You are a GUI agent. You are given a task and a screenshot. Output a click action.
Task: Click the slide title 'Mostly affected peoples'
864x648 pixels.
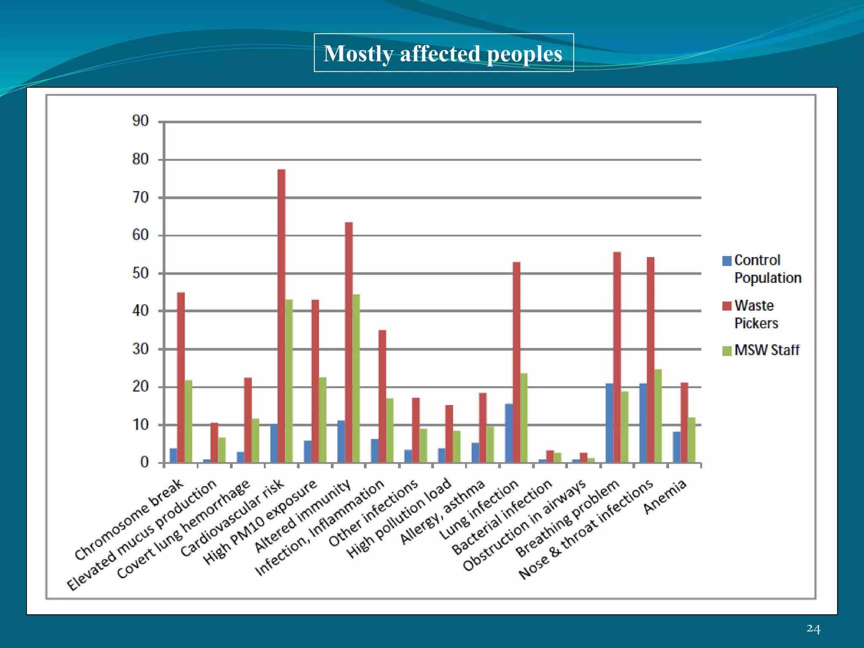click(x=443, y=53)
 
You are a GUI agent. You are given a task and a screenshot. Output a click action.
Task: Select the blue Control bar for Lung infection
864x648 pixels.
click(x=509, y=433)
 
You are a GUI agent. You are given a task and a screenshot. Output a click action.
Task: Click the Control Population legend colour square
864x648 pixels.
click(x=726, y=261)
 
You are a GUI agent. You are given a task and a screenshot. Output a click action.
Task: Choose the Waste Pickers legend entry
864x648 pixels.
click(x=755, y=314)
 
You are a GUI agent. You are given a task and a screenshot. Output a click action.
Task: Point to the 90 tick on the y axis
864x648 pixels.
click(x=140, y=121)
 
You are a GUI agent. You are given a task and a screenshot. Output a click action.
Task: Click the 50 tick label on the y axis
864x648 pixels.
click(x=140, y=273)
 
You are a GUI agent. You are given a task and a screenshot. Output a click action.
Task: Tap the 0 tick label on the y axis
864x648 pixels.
click(x=144, y=462)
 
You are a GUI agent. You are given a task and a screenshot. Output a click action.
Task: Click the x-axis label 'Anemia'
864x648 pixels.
click(x=665, y=497)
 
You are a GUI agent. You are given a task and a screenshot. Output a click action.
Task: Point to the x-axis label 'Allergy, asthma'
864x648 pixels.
click(x=442, y=512)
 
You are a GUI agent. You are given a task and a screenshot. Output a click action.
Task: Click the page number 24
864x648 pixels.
click(x=813, y=629)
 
